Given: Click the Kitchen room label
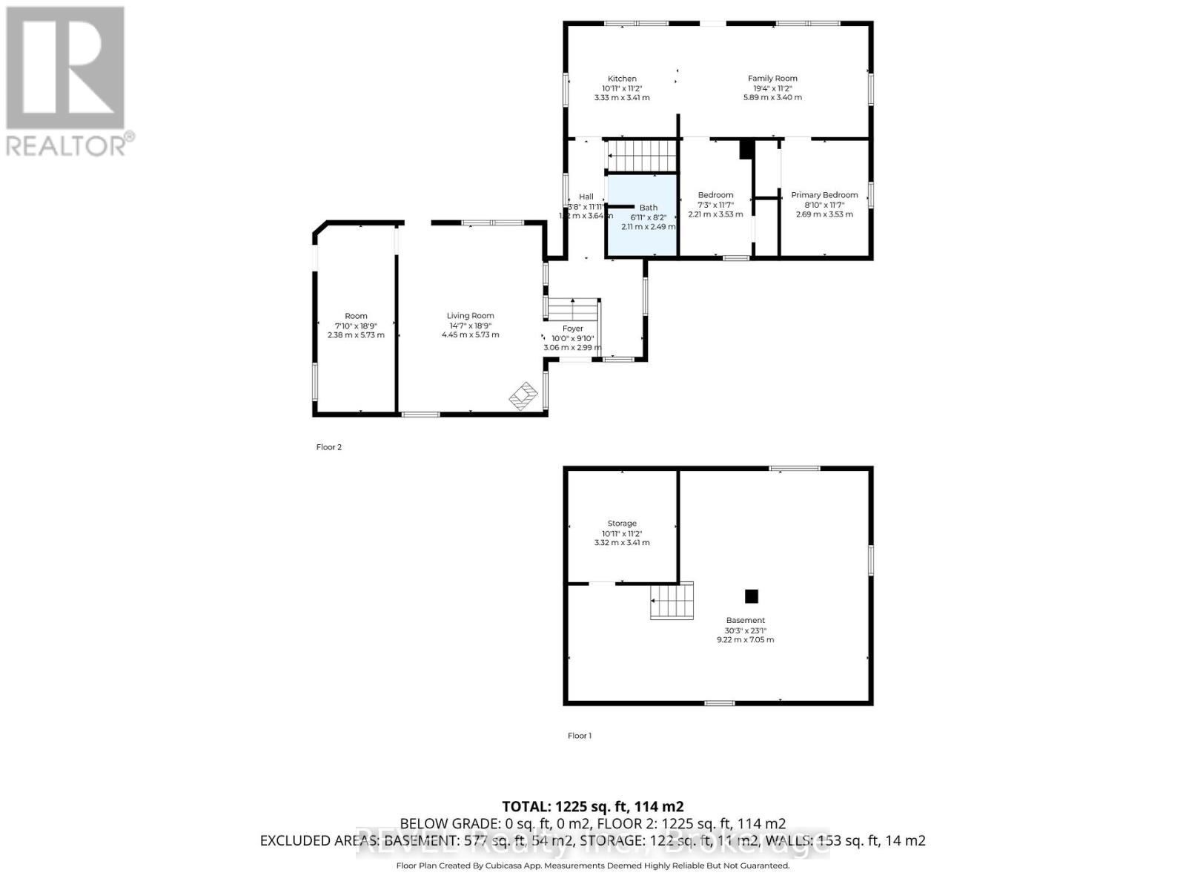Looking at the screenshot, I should (622, 79).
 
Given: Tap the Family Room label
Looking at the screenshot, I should (772, 79).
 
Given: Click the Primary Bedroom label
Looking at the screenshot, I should (824, 195).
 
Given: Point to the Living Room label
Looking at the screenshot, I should (470, 316).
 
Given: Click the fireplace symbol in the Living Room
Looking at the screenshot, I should (523, 396).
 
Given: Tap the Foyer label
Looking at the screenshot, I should (572, 329).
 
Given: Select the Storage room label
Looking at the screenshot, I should (622, 524).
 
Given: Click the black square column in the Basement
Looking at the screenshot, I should (752, 596).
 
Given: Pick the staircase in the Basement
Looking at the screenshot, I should (672, 601).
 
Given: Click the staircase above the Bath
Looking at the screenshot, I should (642, 156).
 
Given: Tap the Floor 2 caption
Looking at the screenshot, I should (329, 447).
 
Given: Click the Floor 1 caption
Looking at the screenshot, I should (580, 736).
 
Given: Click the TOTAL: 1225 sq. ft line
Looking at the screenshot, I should (592, 806).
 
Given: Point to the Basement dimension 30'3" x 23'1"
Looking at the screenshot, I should (745, 630).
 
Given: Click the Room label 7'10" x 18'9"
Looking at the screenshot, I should (356, 326).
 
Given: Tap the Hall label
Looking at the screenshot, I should (586, 197).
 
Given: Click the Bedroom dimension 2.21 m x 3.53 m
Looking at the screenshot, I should (715, 214).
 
